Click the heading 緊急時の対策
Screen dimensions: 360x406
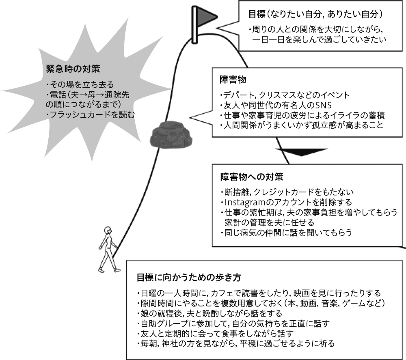[70, 68]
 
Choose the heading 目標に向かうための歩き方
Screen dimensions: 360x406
[189, 278]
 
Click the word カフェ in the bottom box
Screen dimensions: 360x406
[220, 293]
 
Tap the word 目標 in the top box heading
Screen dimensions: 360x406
[255, 14]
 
